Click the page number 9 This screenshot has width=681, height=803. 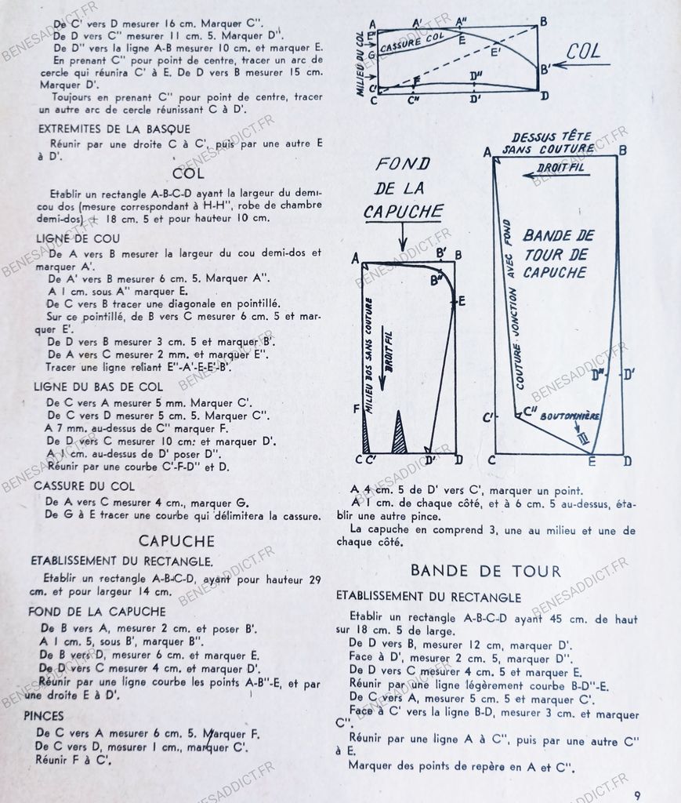[x=637, y=794]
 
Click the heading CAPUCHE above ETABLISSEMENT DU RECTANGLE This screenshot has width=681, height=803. [x=176, y=541]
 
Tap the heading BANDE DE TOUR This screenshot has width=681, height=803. [x=486, y=571]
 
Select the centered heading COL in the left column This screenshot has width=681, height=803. [x=188, y=173]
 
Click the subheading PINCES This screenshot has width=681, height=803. [x=44, y=715]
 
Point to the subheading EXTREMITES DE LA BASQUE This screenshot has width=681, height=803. [x=114, y=129]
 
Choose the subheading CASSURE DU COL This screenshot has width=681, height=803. [x=84, y=486]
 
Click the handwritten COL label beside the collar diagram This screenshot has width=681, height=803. [x=584, y=52]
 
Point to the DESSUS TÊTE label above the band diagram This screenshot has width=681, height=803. [x=552, y=136]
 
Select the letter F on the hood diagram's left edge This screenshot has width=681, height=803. [x=357, y=409]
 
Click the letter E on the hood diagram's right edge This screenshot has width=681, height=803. [x=462, y=300]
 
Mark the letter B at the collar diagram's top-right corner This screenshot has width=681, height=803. [x=543, y=22]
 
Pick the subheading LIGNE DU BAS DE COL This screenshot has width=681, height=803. [x=98, y=387]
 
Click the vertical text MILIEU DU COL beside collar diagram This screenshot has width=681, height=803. [x=360, y=64]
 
